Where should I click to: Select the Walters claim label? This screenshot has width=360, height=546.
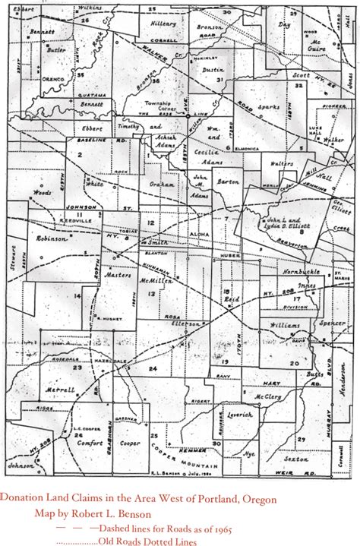point(282,161)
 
